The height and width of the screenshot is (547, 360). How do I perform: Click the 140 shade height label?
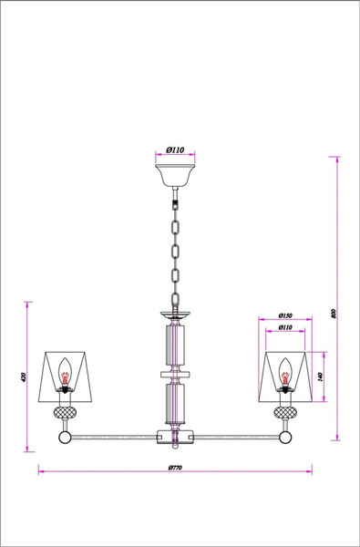coord(320,375)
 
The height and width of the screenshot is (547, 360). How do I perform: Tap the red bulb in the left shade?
coord(65,376)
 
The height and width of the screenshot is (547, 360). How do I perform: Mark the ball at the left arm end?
coord(65,438)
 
